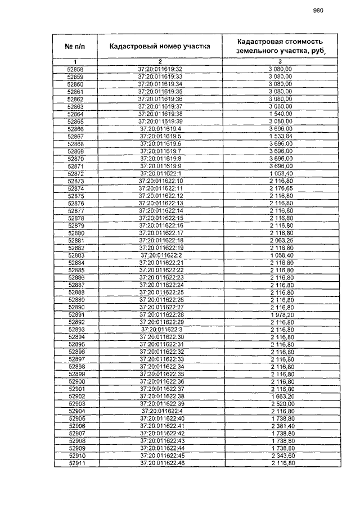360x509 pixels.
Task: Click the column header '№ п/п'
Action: tap(75, 46)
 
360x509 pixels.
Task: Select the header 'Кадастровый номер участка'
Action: tap(160, 46)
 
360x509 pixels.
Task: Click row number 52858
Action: tap(75, 69)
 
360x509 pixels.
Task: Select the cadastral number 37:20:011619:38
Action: tap(160, 114)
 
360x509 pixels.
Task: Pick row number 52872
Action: tap(75, 173)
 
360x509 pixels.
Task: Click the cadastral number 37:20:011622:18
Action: tap(160, 240)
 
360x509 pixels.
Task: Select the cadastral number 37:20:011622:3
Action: tap(160, 329)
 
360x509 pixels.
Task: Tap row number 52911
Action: tap(75, 463)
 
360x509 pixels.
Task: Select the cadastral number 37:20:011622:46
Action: tap(160, 463)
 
